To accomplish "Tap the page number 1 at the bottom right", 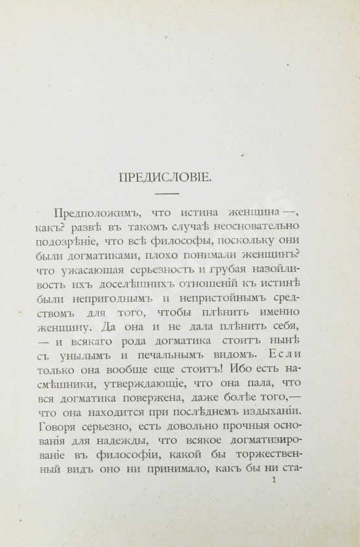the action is tap(276, 480).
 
